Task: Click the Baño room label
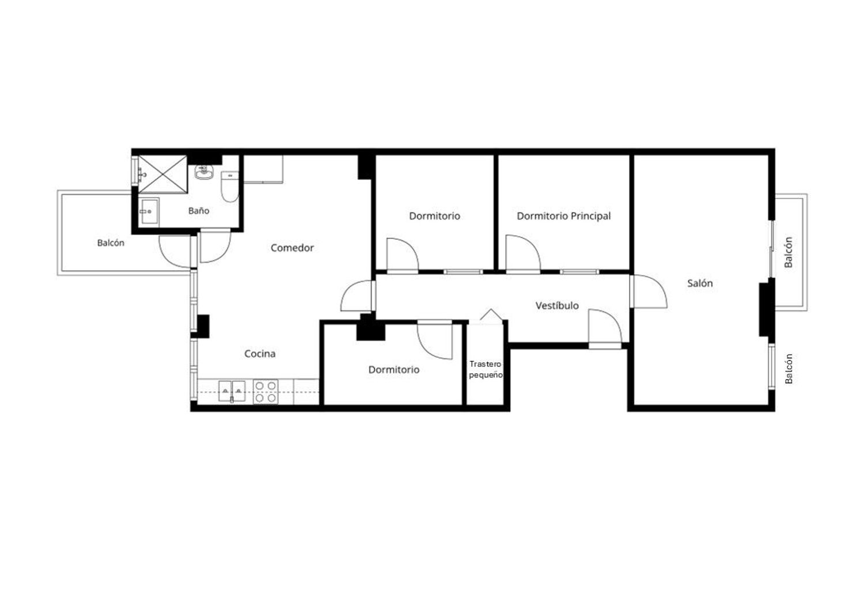coord(199,211)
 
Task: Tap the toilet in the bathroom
coord(229,187)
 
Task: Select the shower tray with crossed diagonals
coord(162,174)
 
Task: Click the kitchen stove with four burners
coord(266,392)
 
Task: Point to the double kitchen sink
coord(232,391)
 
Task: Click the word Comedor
coord(292,248)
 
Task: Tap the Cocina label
coord(260,353)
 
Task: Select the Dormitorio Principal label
coord(563,216)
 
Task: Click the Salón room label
coord(700,283)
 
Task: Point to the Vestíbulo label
coord(557,305)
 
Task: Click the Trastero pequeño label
coord(486,369)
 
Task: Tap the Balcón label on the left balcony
coord(111,243)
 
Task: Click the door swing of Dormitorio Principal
coord(523,254)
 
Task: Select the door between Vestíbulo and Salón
coord(649,292)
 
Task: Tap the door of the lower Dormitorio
coord(435,340)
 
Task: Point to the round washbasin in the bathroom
coord(203,172)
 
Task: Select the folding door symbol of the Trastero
coord(491,315)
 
